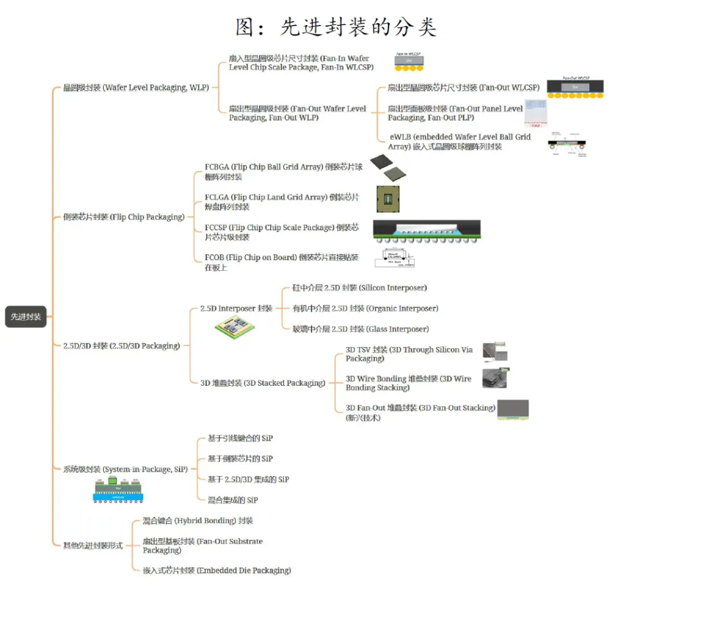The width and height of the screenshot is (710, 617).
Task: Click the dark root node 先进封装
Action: tap(26, 317)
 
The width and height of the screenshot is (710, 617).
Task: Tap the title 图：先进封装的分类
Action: tap(336, 27)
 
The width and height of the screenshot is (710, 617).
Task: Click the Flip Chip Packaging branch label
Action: tap(124, 217)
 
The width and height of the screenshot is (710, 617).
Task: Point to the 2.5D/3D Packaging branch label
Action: tap(121, 346)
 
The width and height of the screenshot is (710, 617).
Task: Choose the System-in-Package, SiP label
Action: tap(125, 469)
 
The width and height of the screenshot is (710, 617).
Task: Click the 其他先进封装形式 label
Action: tap(93, 545)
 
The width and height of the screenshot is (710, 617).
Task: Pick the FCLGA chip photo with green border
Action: tap(388, 198)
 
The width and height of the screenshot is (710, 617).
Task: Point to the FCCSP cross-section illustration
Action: tap(426, 230)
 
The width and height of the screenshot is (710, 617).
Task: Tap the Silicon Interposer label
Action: tap(360, 288)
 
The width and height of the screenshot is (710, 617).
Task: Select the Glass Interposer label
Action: tap(360, 329)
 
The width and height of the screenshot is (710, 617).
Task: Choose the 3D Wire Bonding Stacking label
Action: tap(408, 383)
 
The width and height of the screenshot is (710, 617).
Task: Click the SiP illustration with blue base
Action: tap(118, 490)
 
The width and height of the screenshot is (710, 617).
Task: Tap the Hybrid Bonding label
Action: tap(198, 520)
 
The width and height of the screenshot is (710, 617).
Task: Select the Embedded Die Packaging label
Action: tap(217, 570)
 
